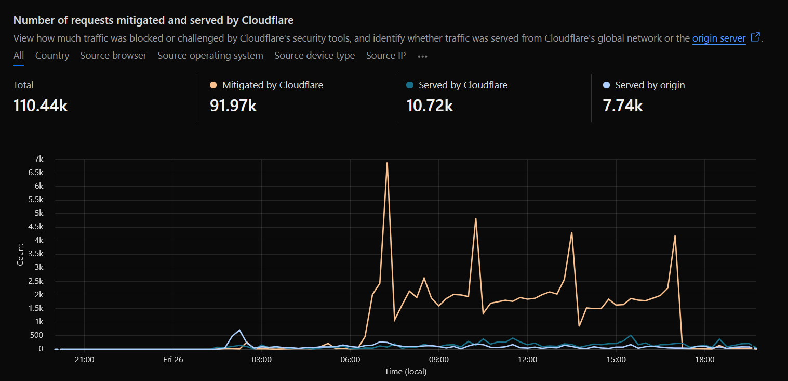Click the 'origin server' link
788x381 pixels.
point(719,38)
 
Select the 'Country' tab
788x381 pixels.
point(52,56)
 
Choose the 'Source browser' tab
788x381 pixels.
point(113,56)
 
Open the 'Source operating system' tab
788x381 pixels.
point(210,56)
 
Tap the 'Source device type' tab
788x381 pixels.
point(314,56)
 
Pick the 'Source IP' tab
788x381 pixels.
point(386,56)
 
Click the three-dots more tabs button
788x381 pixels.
point(422,56)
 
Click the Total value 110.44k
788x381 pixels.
point(41,106)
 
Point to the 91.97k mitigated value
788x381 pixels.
point(233,106)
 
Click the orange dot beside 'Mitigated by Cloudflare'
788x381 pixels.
point(213,85)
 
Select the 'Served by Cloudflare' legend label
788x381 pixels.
point(463,85)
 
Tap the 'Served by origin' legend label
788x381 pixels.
point(650,85)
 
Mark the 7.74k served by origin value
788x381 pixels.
point(623,106)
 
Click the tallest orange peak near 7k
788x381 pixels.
point(387,163)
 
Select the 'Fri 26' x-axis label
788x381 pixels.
point(173,360)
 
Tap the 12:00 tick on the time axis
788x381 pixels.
point(527,360)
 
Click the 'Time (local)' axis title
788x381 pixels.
point(405,371)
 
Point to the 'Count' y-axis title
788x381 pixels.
point(20,254)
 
